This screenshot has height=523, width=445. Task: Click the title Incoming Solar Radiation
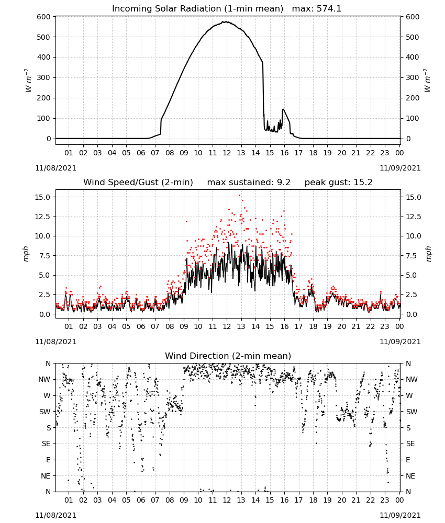[x=166, y=9]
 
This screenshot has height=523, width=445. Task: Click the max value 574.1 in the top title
[x=329, y=9]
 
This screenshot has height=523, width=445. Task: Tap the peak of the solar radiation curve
[x=226, y=22]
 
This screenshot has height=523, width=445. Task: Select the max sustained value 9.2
[x=283, y=182]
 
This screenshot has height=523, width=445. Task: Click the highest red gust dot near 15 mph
[x=239, y=196]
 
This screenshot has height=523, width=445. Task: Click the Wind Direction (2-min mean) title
[x=228, y=356]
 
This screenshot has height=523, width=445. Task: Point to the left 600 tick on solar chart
[x=44, y=17]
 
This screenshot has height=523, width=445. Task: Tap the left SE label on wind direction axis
[x=46, y=444]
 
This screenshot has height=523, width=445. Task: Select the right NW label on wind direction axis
[x=411, y=380]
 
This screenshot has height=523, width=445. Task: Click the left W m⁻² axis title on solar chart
[x=28, y=80]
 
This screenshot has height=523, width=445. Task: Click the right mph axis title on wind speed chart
[x=428, y=254]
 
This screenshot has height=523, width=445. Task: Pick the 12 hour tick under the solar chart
[x=227, y=153]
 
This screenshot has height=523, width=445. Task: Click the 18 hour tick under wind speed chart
[x=313, y=326]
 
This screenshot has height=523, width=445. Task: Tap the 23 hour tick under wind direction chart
[x=385, y=500]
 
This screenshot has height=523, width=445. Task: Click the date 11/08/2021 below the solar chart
[x=55, y=168]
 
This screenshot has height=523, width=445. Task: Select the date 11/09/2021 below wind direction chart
[x=400, y=515]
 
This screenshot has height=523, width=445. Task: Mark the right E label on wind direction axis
[x=408, y=460]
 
